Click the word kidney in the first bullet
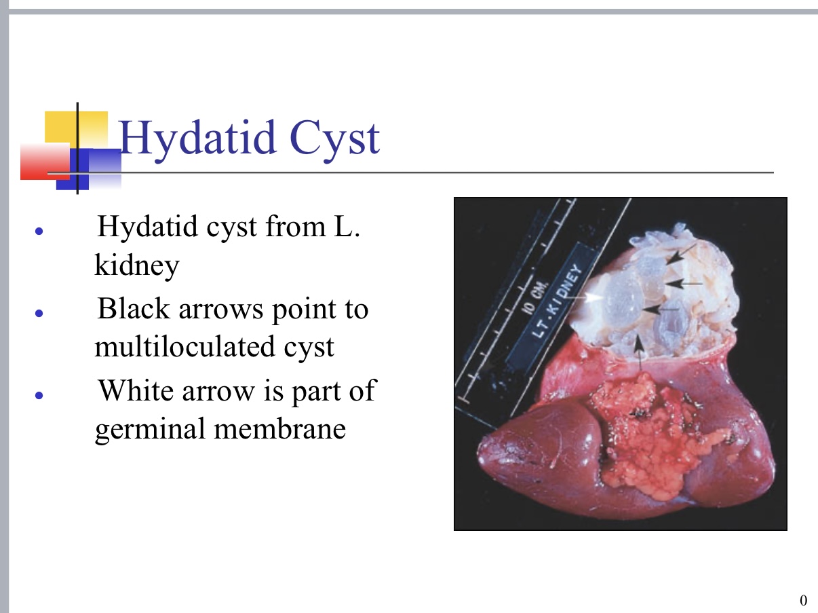[136, 265]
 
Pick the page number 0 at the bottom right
[804, 599]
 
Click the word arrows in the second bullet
[214, 310]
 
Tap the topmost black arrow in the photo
[678, 257]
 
